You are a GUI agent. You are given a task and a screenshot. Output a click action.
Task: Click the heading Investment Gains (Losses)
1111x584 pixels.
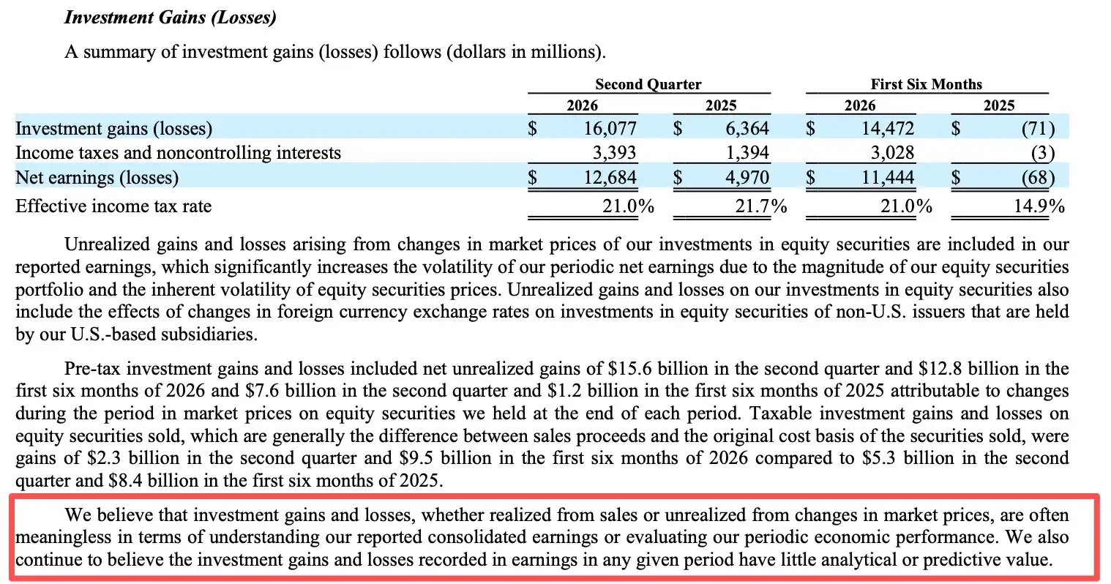[170, 18]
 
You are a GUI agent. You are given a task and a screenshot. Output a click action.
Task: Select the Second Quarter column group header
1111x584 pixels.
[648, 84]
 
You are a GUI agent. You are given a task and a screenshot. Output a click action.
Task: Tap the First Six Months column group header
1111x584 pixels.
[926, 84]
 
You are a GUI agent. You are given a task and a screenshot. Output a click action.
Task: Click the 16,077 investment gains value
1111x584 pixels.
[610, 128]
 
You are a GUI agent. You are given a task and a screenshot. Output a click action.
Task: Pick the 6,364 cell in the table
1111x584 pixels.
[747, 128]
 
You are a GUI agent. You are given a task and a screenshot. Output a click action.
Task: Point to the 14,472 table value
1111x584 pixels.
[887, 128]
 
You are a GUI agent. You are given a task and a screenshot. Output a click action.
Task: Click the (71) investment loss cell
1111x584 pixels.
[1038, 129]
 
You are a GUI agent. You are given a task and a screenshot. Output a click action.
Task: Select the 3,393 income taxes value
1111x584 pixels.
[614, 153]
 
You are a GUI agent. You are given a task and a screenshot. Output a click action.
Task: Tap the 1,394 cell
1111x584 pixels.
[747, 153]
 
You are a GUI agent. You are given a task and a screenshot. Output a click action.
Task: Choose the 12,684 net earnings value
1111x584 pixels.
[610, 178]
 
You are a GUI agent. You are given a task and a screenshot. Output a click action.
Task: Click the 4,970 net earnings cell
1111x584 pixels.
[747, 178]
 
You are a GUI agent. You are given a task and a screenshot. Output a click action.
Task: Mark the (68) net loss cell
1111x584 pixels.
[1038, 178]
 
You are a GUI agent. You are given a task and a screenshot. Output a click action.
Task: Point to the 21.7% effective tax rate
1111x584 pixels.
[760, 206]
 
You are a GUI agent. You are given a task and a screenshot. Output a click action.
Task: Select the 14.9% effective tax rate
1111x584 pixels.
[1039, 206]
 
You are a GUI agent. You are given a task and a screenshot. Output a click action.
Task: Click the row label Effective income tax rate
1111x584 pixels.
[113, 206]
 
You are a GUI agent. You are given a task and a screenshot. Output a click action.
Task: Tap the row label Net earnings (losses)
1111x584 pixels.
[97, 178]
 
